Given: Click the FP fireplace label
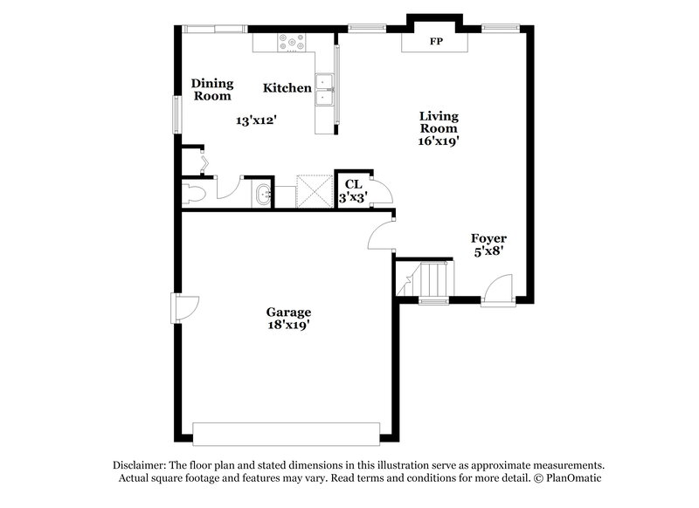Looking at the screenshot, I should pos(434,41).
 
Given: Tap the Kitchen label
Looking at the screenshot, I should pos(287,88).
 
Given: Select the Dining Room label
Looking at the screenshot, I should pos(212,90).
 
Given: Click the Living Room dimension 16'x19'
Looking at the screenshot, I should pos(439,140).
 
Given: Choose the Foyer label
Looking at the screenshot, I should pos(488,238).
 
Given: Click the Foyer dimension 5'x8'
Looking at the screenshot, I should pos(488,251).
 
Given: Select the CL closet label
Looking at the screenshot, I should pos(353,184).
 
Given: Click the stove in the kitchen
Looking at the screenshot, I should pos(290,41).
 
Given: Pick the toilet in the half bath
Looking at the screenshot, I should pos(194,193).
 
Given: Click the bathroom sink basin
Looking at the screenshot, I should pos(261,194).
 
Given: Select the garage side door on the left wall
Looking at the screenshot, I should pos(183,307).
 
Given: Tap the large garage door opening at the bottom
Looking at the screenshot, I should pos(286,433).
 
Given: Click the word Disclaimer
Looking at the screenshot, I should pos(140,465).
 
